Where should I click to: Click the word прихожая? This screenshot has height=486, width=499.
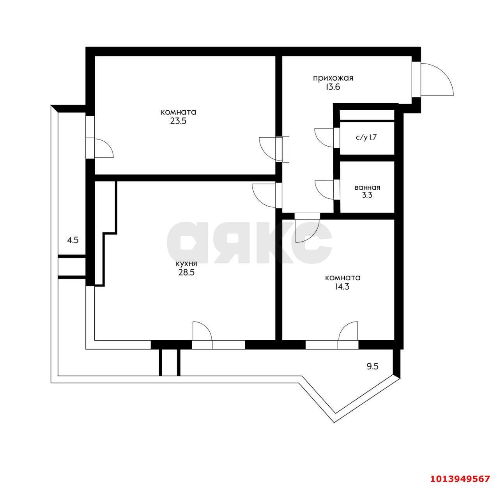(x=333, y=78)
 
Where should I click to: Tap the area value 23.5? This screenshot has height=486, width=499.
(x=179, y=121)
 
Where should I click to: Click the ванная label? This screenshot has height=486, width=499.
(x=367, y=187)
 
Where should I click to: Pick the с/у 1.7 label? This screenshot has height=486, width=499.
(x=367, y=138)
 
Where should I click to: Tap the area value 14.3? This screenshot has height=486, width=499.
(x=342, y=287)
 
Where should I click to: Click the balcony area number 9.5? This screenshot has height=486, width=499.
(x=373, y=366)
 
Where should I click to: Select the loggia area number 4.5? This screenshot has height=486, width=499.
(x=73, y=240)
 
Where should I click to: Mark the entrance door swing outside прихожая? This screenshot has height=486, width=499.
(x=436, y=79)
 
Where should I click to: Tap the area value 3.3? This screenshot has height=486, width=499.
(x=367, y=196)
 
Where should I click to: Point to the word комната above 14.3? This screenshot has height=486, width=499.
(x=342, y=278)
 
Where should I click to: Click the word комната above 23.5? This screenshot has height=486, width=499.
(x=179, y=112)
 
